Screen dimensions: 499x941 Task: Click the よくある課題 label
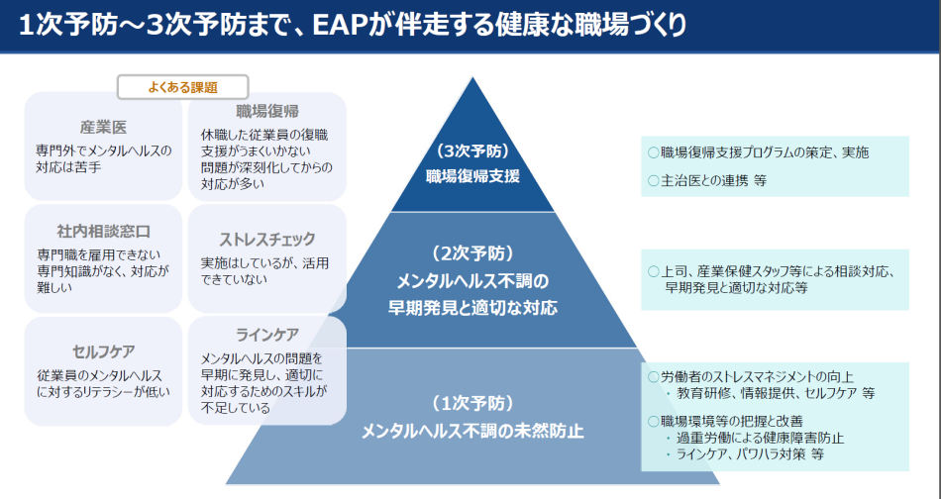[x=182, y=87]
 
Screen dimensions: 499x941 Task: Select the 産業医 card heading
[x=103, y=127]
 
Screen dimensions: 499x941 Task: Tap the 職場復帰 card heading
[x=267, y=110]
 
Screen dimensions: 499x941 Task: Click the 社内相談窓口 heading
[x=103, y=232]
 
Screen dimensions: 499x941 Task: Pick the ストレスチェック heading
[x=267, y=239]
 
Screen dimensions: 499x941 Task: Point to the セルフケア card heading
[x=103, y=351]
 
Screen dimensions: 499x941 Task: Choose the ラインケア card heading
[x=267, y=334]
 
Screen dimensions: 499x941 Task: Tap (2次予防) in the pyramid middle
[x=472, y=252]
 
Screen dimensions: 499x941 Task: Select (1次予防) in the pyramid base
[x=472, y=403]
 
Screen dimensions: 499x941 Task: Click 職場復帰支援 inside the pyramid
[x=472, y=176]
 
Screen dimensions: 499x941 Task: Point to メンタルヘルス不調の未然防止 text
[x=472, y=431]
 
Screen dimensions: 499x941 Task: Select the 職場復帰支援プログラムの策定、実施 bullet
[x=764, y=152]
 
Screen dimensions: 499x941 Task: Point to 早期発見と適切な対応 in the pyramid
[x=472, y=308]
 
